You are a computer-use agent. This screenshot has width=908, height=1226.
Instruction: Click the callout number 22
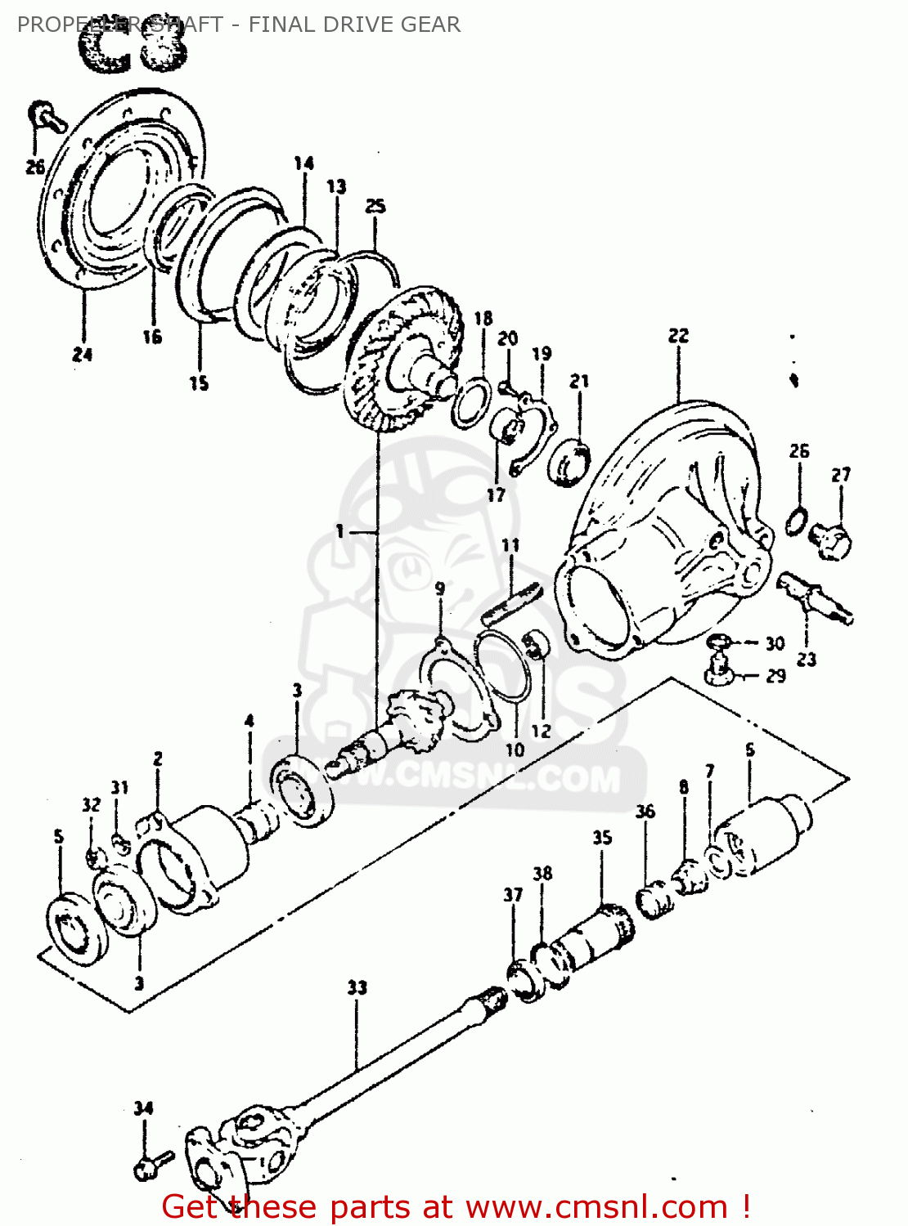[x=678, y=336]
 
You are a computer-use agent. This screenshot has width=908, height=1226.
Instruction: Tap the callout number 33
[x=357, y=987]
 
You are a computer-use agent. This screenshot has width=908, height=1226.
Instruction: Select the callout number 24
[x=82, y=354]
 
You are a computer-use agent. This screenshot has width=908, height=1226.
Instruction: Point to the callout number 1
[x=339, y=531]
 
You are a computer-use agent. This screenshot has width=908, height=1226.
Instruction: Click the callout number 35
[x=602, y=838]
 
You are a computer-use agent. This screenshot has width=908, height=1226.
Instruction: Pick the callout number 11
[x=510, y=545]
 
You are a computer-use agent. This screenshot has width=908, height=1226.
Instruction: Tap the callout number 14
[x=303, y=163]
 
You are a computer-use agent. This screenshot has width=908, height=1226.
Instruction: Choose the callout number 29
[x=775, y=676]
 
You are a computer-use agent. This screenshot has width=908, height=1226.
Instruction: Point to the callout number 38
[x=542, y=873]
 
